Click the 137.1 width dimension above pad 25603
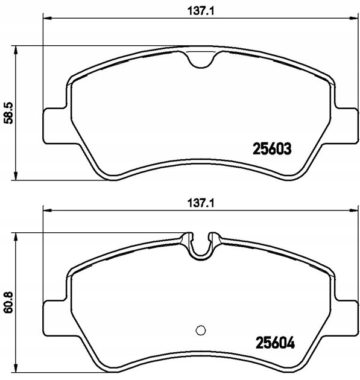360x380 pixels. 201,11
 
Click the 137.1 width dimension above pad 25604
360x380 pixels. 201,203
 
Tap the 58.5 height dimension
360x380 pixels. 9,113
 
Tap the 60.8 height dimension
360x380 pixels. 9,302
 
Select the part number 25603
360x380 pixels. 272,149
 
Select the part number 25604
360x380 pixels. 275,343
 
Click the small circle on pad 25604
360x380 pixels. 201,330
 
